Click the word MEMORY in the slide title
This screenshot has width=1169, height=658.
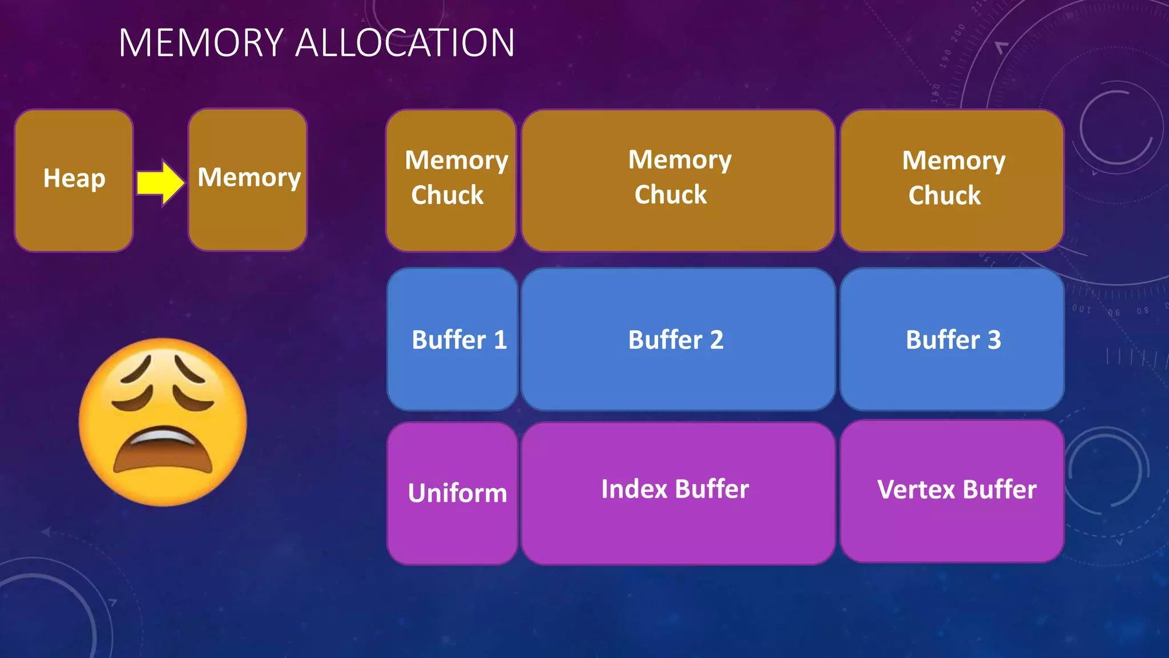click(x=201, y=43)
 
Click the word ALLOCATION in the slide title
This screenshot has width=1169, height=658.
click(x=405, y=43)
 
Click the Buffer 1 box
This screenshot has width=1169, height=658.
click(x=452, y=339)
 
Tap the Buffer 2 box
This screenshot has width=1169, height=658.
click(x=678, y=339)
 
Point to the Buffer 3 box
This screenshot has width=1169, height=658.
click(x=952, y=339)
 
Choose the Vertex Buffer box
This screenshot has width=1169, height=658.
click(x=952, y=491)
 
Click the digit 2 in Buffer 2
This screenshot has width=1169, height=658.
click(x=716, y=340)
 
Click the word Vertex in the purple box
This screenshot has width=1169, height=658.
click(x=916, y=490)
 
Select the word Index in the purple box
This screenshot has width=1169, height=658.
click(x=634, y=489)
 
